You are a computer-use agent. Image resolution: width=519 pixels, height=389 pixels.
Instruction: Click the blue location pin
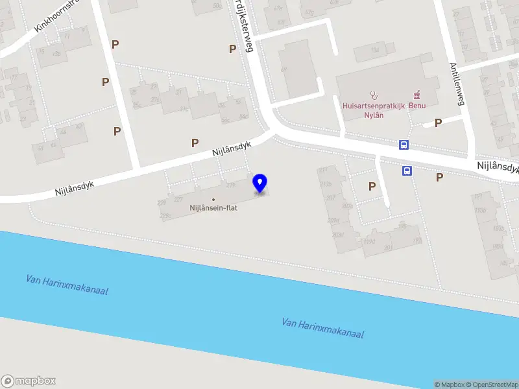point(260,183)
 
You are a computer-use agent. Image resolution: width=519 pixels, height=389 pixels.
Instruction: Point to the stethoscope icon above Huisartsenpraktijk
point(374,94)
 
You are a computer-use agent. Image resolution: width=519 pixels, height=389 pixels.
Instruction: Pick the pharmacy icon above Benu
point(416,93)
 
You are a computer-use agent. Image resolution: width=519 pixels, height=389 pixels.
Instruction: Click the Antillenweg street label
point(457,84)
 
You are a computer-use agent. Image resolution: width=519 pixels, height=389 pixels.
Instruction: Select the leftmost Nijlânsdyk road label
point(75,188)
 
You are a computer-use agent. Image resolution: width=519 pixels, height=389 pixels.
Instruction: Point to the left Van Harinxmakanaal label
point(67,285)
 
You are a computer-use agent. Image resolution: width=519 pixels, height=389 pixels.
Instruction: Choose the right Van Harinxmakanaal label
point(322,328)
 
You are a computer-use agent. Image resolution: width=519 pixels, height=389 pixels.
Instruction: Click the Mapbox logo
point(29,381)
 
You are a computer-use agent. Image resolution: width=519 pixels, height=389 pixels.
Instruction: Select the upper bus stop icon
point(404,145)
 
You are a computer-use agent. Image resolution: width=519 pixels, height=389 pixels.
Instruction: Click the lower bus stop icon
point(407,171)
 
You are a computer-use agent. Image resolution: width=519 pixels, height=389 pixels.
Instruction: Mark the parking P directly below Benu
point(438,123)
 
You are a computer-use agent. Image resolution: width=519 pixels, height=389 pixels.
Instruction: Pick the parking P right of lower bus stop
point(440,177)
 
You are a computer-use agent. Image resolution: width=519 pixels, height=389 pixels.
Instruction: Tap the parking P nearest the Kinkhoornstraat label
point(115,44)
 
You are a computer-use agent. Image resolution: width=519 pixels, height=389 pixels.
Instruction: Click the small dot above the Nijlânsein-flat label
point(213,199)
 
